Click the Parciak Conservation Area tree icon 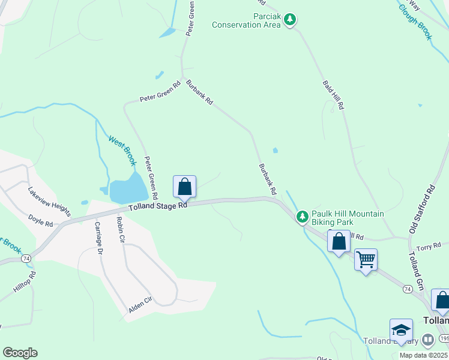291,20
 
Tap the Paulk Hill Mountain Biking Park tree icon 303,215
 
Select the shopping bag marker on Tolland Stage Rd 184,187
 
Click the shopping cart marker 366,260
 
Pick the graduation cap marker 401,330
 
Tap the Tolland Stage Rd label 158,205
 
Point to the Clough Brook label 416,20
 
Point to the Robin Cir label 121,229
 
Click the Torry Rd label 429,247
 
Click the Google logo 20,353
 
